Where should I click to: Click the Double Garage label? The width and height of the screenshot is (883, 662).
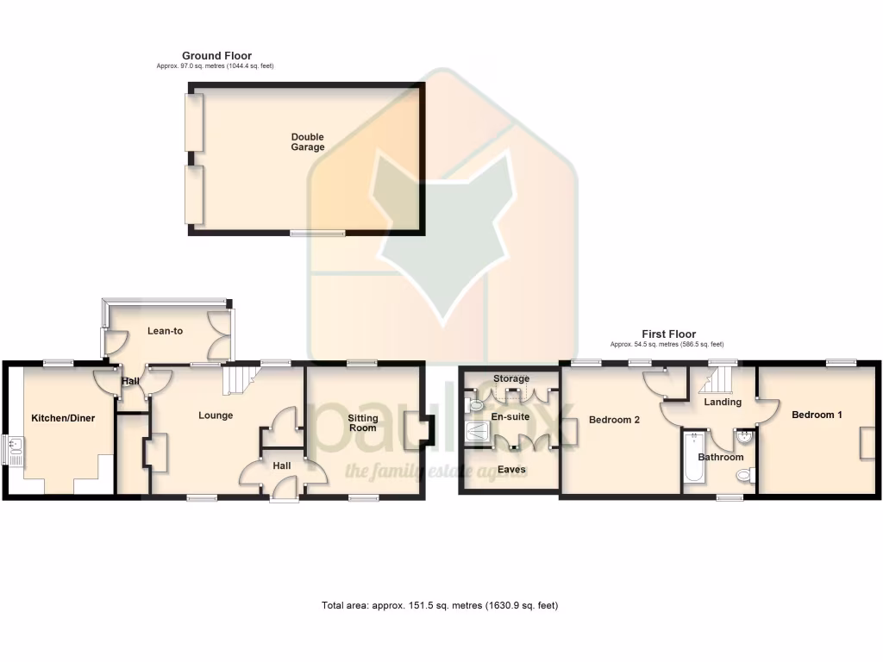308,142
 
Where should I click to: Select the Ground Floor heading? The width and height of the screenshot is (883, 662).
216,56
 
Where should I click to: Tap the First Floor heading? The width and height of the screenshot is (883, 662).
668,334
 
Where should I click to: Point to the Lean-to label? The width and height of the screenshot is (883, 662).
165,330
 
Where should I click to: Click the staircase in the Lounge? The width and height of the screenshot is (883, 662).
240,379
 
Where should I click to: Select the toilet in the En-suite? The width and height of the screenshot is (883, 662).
474,403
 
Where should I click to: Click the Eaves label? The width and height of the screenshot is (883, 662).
510,470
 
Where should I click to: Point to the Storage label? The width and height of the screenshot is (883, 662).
511,378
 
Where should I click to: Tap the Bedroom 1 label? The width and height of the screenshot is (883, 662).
817,415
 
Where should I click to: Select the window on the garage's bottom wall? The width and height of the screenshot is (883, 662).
317,233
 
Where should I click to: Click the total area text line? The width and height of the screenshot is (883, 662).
440,605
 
